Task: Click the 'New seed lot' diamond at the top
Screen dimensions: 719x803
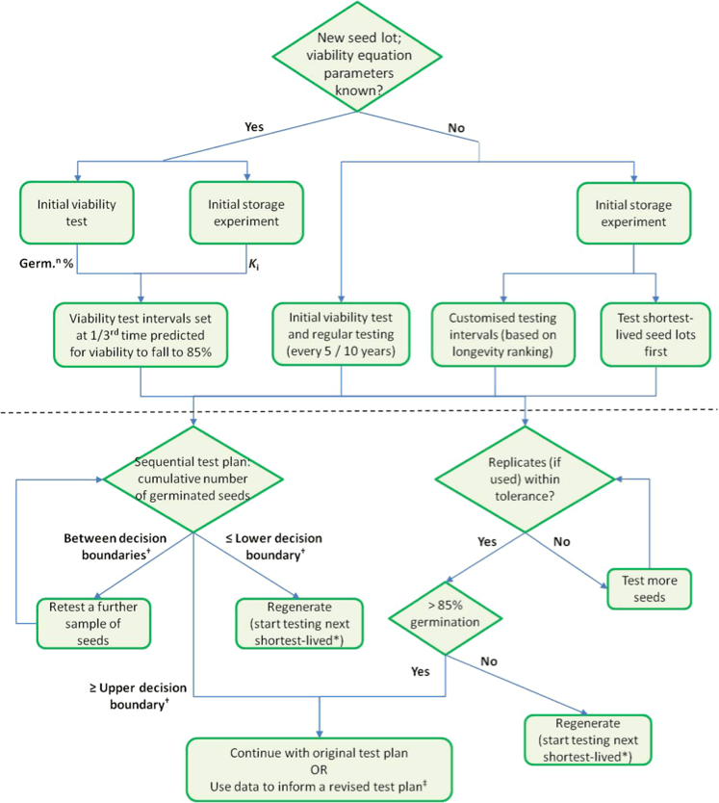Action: (x=357, y=57)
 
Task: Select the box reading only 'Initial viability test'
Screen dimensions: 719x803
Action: (x=77, y=213)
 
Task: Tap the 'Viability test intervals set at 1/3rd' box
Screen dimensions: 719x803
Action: (x=141, y=335)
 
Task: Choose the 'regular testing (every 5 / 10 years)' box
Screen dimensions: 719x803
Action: (x=341, y=334)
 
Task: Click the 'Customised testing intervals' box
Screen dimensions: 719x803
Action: (x=502, y=334)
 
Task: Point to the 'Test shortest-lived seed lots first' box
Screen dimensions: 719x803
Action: (x=655, y=334)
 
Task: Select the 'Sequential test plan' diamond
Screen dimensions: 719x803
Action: (x=193, y=479)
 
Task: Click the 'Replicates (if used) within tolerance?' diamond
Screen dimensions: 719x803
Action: (x=525, y=479)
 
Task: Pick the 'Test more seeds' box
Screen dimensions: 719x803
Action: (x=650, y=589)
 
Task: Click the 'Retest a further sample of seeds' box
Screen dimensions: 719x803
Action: (x=93, y=623)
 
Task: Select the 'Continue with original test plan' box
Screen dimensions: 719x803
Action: (x=319, y=769)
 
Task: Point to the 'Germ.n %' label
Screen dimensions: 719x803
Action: (x=46, y=263)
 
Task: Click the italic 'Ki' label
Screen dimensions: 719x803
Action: (x=253, y=264)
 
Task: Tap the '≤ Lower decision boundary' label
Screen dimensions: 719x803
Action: (x=274, y=547)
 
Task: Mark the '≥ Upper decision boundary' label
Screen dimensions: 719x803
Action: (x=139, y=696)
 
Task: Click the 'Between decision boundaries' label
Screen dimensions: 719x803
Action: (x=116, y=547)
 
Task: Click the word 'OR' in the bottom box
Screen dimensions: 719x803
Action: (x=319, y=769)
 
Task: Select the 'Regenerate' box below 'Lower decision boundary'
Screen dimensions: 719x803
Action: (x=299, y=623)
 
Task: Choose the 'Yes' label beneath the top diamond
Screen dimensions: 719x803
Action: (x=254, y=126)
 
